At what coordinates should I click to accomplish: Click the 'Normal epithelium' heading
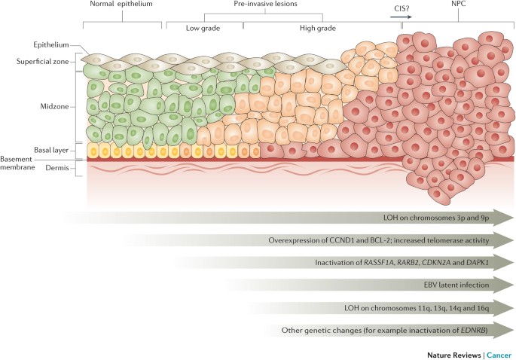pos(121,5)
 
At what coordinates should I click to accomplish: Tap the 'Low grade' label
pos(203,29)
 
